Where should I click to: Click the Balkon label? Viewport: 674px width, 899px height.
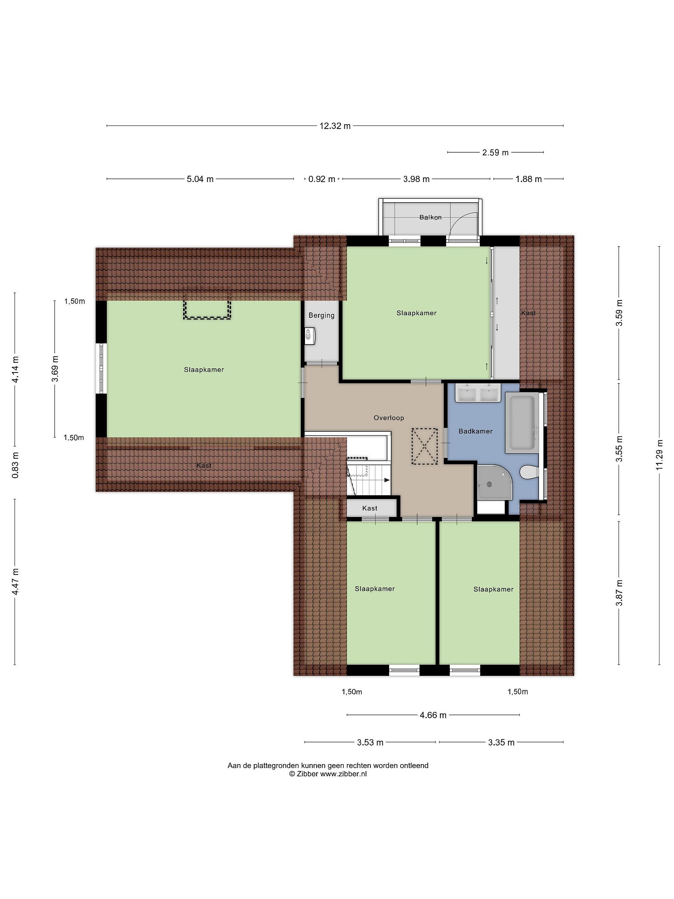click(x=430, y=218)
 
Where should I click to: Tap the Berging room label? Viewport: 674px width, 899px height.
click(x=321, y=315)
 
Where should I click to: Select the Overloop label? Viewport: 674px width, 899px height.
click(x=389, y=418)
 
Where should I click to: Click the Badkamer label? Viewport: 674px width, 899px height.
click(x=475, y=431)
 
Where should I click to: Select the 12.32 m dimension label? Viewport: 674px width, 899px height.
click(x=335, y=126)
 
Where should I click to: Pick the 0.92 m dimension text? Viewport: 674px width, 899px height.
click(x=321, y=179)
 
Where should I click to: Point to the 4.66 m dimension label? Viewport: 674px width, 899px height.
click(x=433, y=727)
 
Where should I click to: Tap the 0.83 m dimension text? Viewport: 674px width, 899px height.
click(x=15, y=465)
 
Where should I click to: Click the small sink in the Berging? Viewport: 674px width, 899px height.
click(x=310, y=336)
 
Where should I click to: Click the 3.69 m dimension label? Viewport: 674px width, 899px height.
click(x=55, y=369)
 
